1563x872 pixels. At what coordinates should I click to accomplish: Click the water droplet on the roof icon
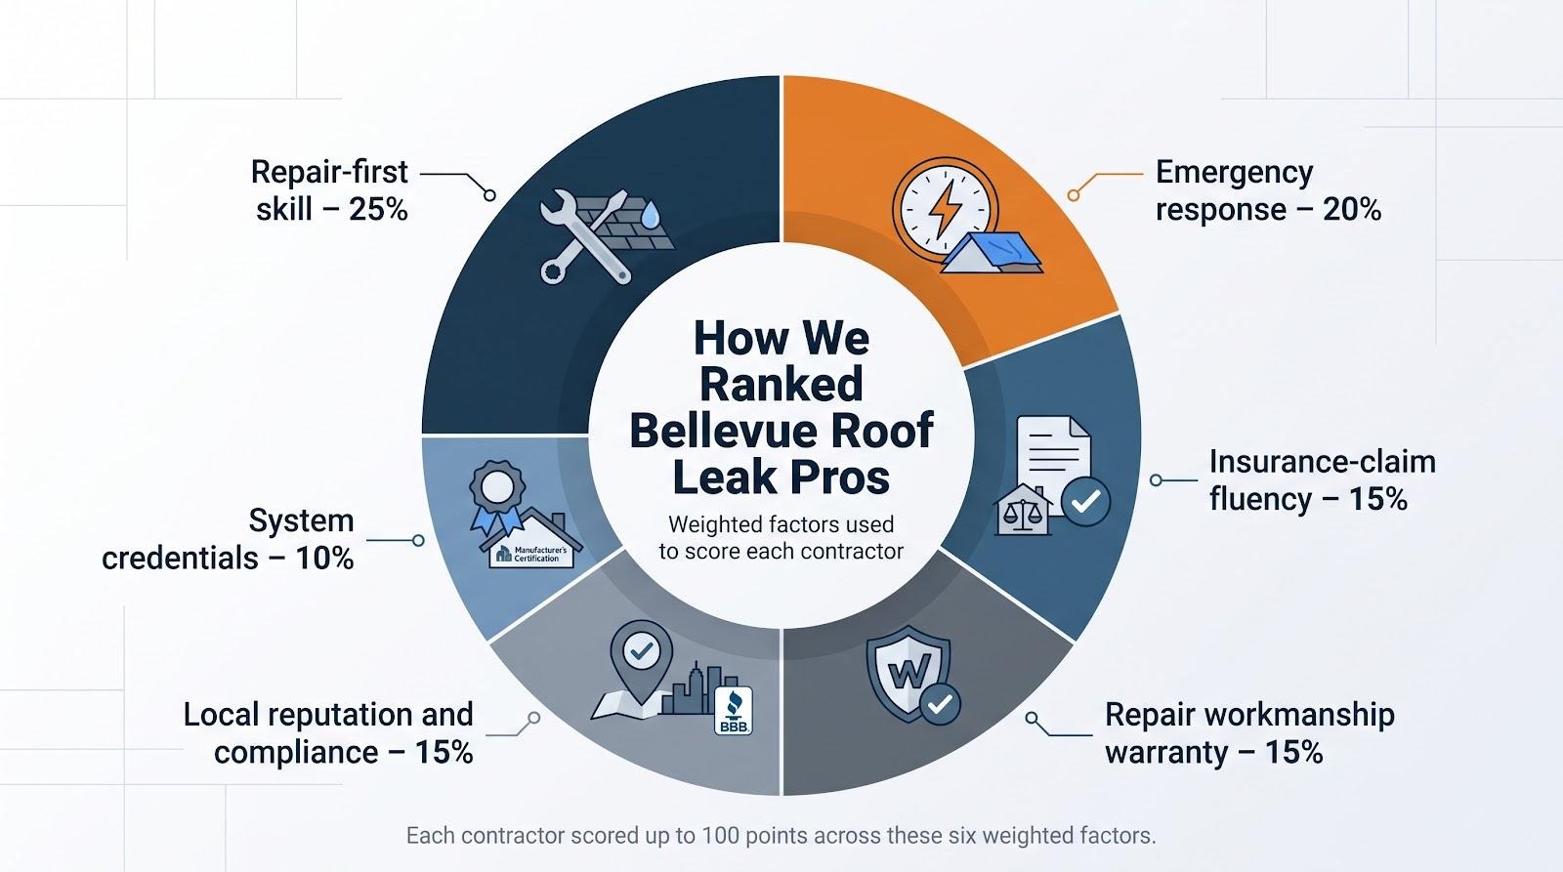[650, 214]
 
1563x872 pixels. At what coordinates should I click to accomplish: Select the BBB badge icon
[734, 711]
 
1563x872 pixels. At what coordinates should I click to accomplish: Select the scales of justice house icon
[1023, 510]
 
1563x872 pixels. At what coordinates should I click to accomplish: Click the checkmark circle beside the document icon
[1085, 502]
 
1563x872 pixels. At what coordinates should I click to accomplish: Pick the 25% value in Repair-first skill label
[378, 209]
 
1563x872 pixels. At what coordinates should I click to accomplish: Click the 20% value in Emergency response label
[1352, 209]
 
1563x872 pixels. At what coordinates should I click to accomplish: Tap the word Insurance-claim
[1323, 462]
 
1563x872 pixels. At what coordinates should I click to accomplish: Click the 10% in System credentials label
[324, 559]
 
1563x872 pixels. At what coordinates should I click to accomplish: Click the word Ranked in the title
[781, 384]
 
